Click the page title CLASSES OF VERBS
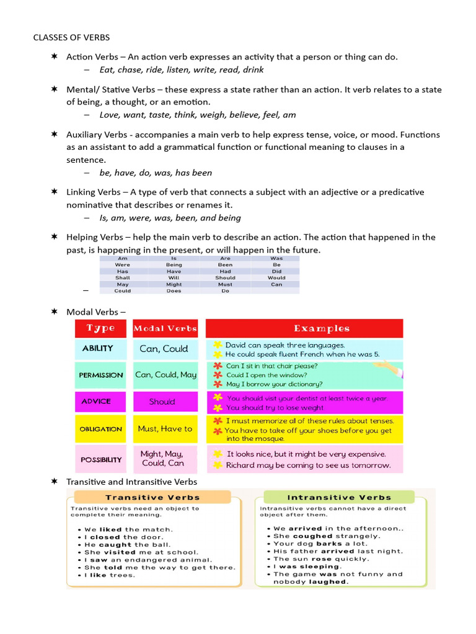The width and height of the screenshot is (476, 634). click(71, 38)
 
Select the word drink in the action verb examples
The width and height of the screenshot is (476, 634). click(253, 70)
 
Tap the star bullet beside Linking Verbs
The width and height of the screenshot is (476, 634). click(54, 192)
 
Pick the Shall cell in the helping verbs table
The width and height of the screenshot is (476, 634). click(123, 278)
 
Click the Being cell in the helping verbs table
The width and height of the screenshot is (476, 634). click(174, 264)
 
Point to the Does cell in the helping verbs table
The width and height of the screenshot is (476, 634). click(174, 291)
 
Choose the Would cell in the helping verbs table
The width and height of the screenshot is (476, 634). click(276, 278)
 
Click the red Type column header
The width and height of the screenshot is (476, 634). click(100, 328)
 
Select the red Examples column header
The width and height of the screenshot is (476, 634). click(304, 328)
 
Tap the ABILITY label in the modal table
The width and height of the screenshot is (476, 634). click(98, 349)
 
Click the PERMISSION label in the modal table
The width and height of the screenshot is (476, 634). click(100, 375)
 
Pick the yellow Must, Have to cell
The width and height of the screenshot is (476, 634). click(165, 428)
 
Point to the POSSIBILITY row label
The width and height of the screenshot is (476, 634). click(100, 459)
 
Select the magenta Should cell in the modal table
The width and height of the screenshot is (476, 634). click(162, 402)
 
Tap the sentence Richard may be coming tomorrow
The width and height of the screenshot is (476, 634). click(308, 465)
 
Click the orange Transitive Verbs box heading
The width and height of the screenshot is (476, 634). click(152, 497)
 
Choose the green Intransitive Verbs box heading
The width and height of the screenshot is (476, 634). click(339, 497)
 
